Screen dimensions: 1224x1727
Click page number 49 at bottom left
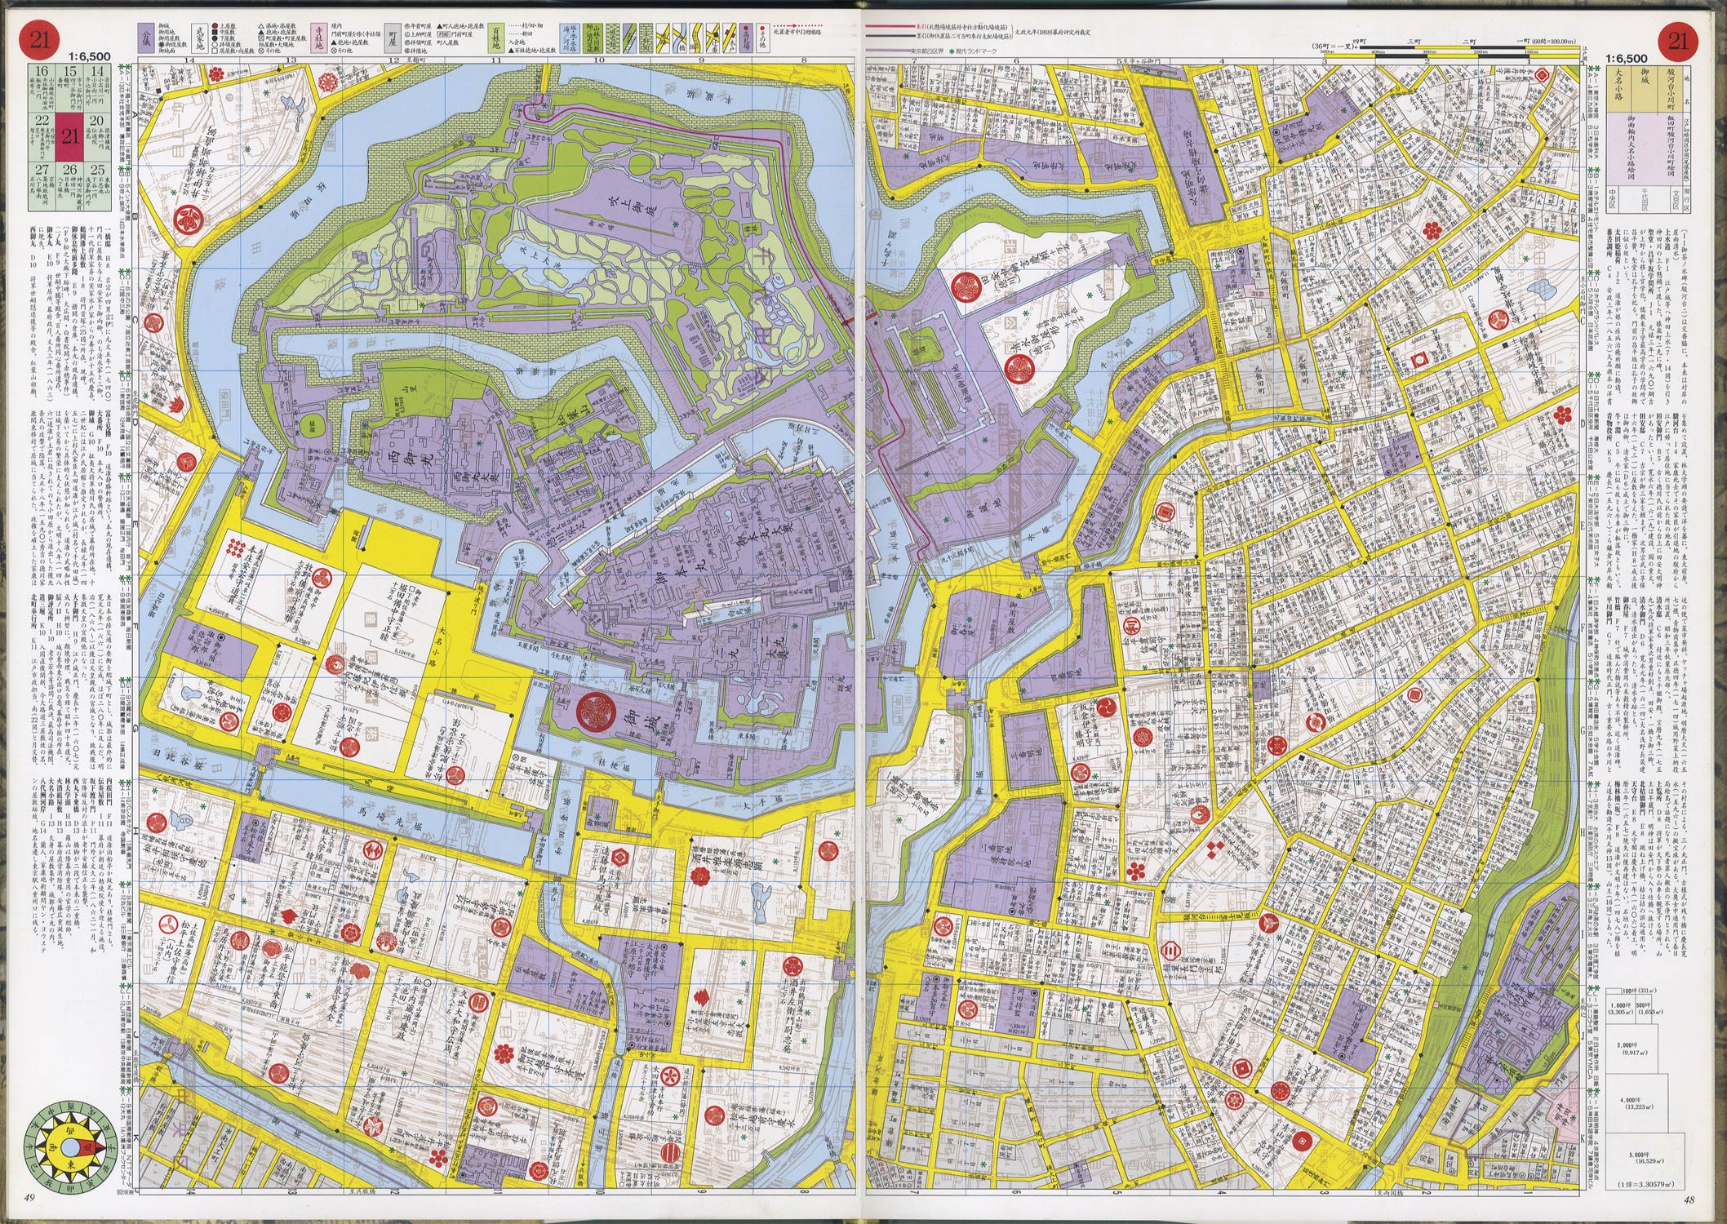tap(30, 1197)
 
